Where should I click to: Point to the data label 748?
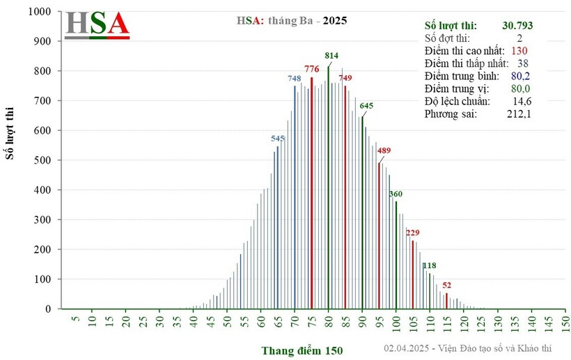295,78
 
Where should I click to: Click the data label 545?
278,139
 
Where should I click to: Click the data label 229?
413,233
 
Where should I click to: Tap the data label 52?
446,285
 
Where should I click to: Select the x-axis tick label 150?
565,324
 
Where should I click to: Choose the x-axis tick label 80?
329,324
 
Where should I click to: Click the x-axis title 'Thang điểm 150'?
302,350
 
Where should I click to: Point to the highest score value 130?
519,51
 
